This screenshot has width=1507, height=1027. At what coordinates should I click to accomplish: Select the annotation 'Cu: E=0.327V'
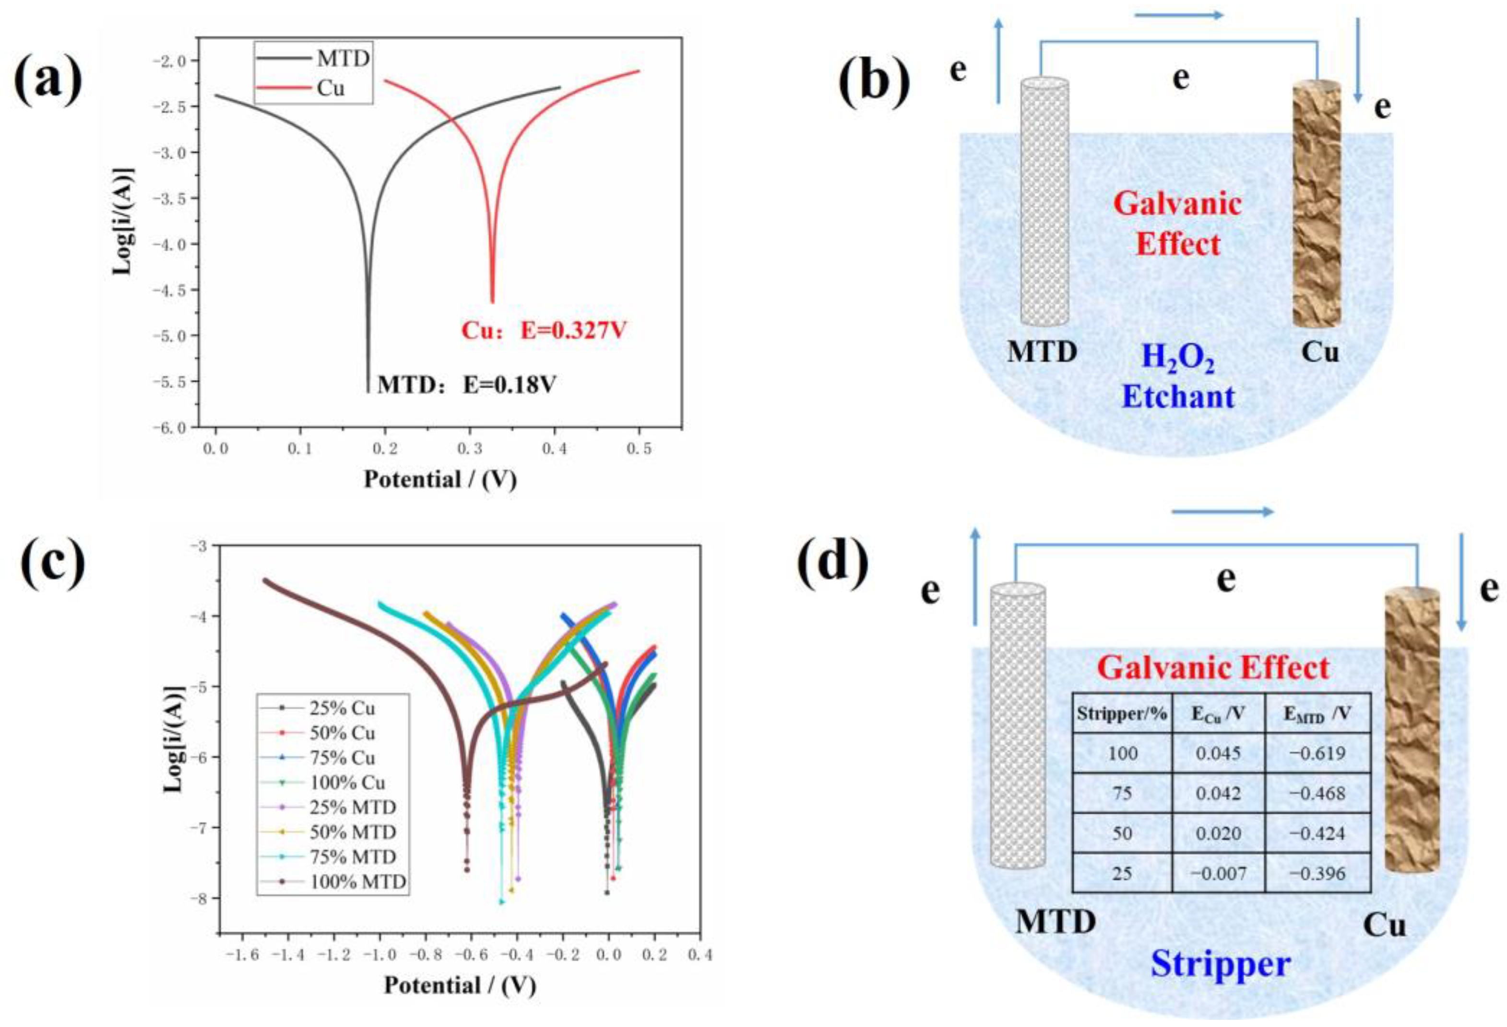coord(544,331)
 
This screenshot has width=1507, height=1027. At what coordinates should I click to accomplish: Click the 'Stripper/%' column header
coord(1122,714)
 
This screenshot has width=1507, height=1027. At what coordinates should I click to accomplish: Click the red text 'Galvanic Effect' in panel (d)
coord(1212,668)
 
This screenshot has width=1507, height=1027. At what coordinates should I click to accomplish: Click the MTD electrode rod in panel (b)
coord(1044,201)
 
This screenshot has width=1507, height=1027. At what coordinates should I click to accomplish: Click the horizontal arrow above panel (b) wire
coord(1178,15)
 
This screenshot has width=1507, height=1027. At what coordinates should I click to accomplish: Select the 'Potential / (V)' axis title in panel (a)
coord(440,480)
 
